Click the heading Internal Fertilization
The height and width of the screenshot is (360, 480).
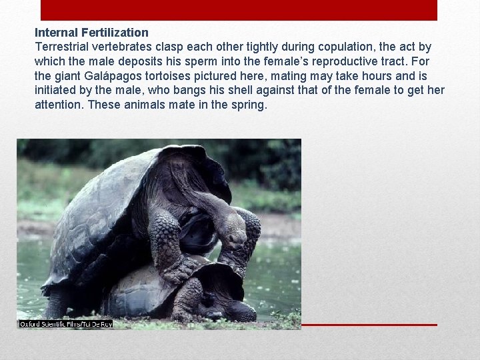coord(91,32)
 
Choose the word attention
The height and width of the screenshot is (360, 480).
coord(59,105)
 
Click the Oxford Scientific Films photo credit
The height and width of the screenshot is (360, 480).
coord(65,324)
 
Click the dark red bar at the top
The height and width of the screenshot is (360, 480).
coord(239,10)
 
